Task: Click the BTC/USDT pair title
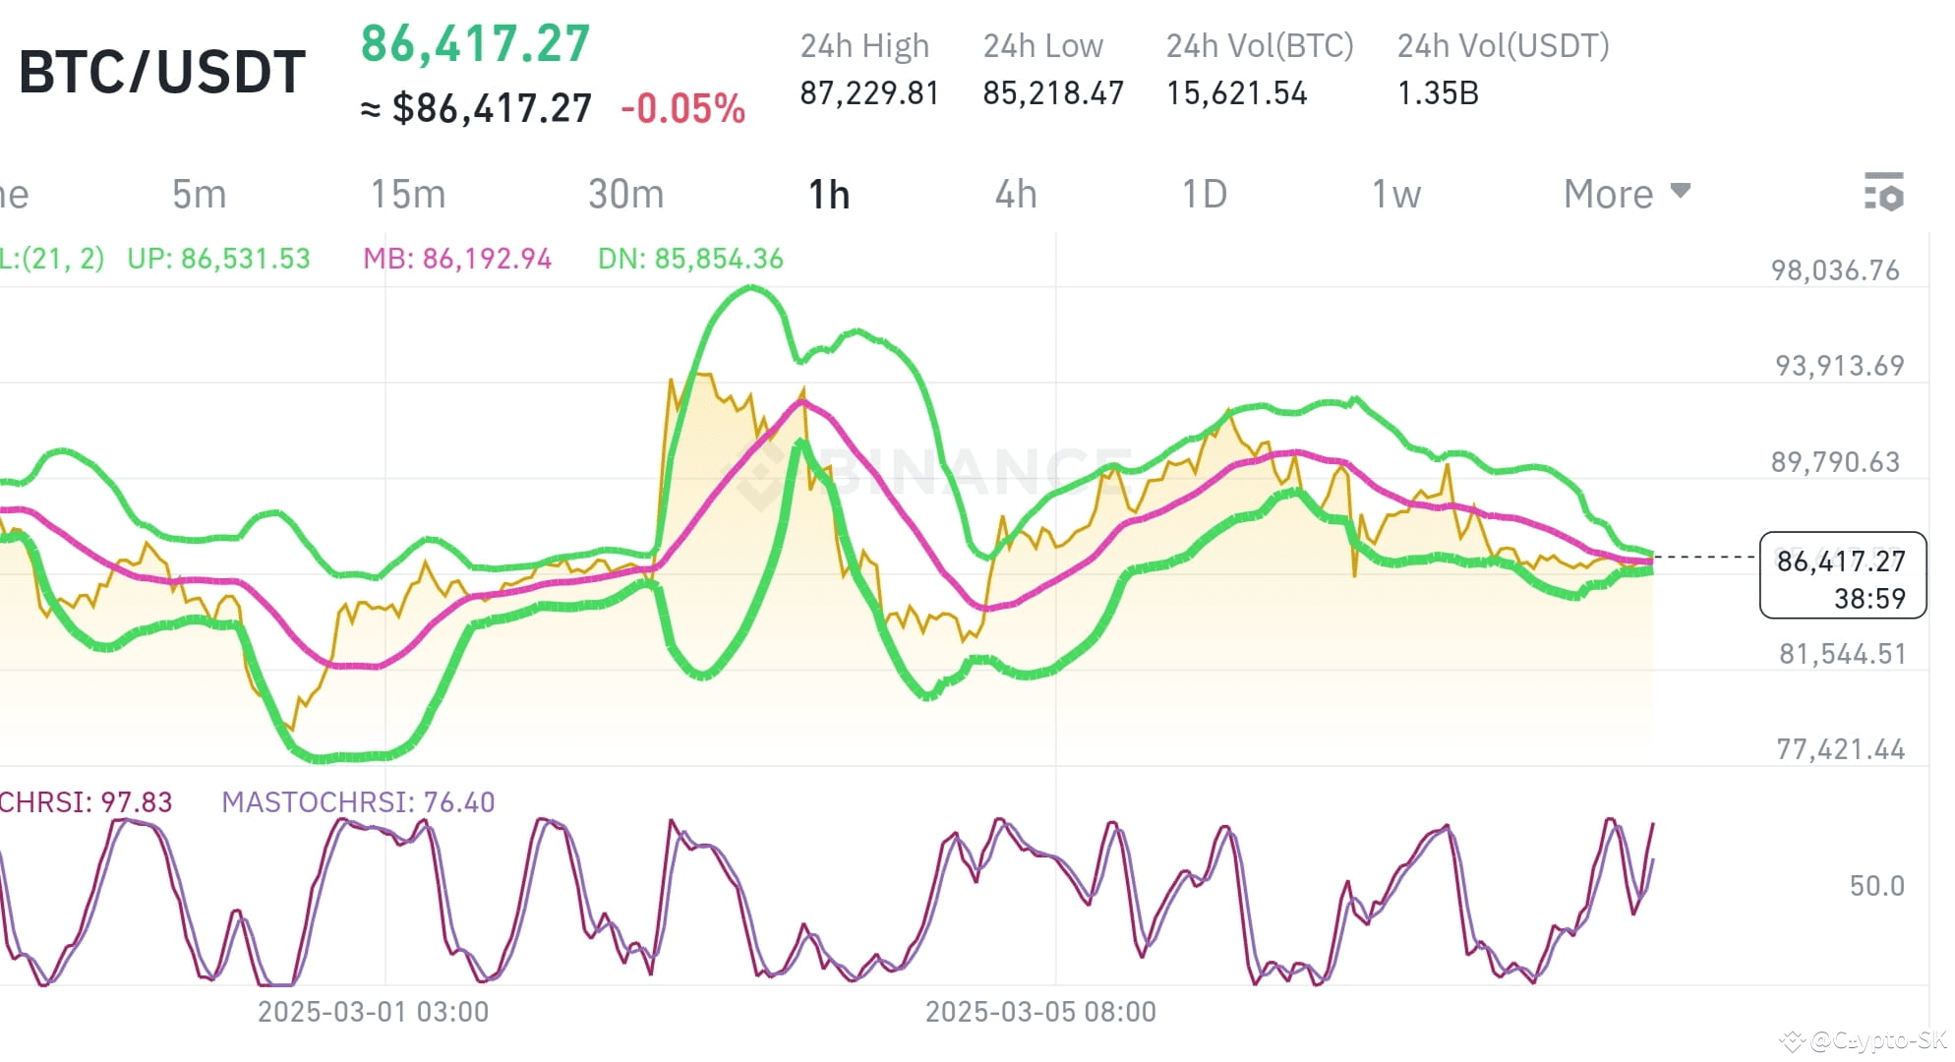[162, 73]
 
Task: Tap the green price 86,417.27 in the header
[475, 44]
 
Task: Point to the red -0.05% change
[682, 109]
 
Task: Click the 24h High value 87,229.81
[869, 93]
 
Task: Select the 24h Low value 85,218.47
[1052, 93]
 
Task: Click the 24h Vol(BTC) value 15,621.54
[1236, 93]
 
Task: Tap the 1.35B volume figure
[1438, 93]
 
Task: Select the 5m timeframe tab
[199, 195]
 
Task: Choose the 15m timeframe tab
[407, 195]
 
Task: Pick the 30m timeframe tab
[625, 195]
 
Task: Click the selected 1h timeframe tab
[828, 195]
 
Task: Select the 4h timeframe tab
[1016, 195]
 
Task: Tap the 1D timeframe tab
[1204, 195]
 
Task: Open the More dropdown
[1627, 194]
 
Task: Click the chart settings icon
[1883, 192]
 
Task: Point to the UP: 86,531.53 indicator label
[218, 259]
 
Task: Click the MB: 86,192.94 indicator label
[457, 259]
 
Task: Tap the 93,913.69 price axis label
[1839, 366]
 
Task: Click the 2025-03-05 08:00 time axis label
[1040, 1012]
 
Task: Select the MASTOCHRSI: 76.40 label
[358, 802]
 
